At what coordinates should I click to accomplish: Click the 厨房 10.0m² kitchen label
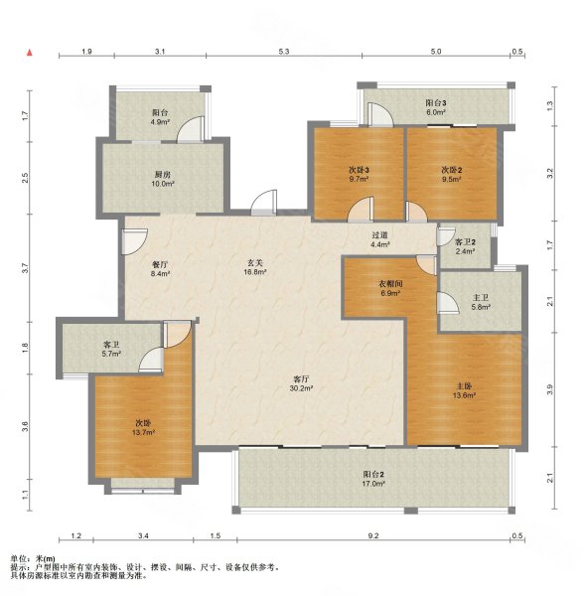[161, 180]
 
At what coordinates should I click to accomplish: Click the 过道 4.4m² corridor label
[379, 239]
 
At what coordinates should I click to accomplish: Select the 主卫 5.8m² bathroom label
[480, 301]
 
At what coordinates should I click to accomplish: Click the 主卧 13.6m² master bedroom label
[463, 390]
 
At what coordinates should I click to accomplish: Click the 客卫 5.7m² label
[111, 349]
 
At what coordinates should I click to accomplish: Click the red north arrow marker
[32, 52]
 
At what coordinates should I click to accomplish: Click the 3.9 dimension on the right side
[549, 391]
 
